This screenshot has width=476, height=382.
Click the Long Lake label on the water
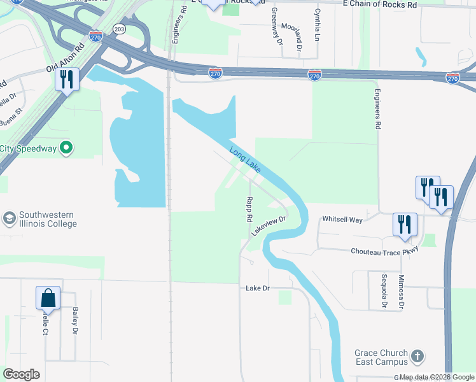pyautogui.click(x=245, y=159)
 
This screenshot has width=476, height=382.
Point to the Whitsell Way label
pyautogui.click(x=342, y=220)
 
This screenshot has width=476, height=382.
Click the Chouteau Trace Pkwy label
pyautogui.click(x=384, y=251)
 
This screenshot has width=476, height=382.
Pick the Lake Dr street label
pyautogui.click(x=258, y=288)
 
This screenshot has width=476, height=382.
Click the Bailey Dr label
pyautogui.click(x=75, y=321)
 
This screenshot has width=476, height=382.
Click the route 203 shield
pyautogui.click(x=119, y=29)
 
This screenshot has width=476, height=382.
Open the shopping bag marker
pyautogui.click(x=48, y=297)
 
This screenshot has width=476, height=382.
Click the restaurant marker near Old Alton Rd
pyautogui.click(x=66, y=79)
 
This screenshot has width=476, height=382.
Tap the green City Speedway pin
pyautogui.click(x=66, y=149)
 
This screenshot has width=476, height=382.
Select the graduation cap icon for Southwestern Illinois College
pyautogui.click(x=9, y=218)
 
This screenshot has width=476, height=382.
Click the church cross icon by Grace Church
pyautogui.click(x=417, y=357)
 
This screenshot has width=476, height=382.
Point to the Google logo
pyautogui.click(x=21, y=374)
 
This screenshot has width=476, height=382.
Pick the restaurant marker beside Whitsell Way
pyautogui.click(x=404, y=224)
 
